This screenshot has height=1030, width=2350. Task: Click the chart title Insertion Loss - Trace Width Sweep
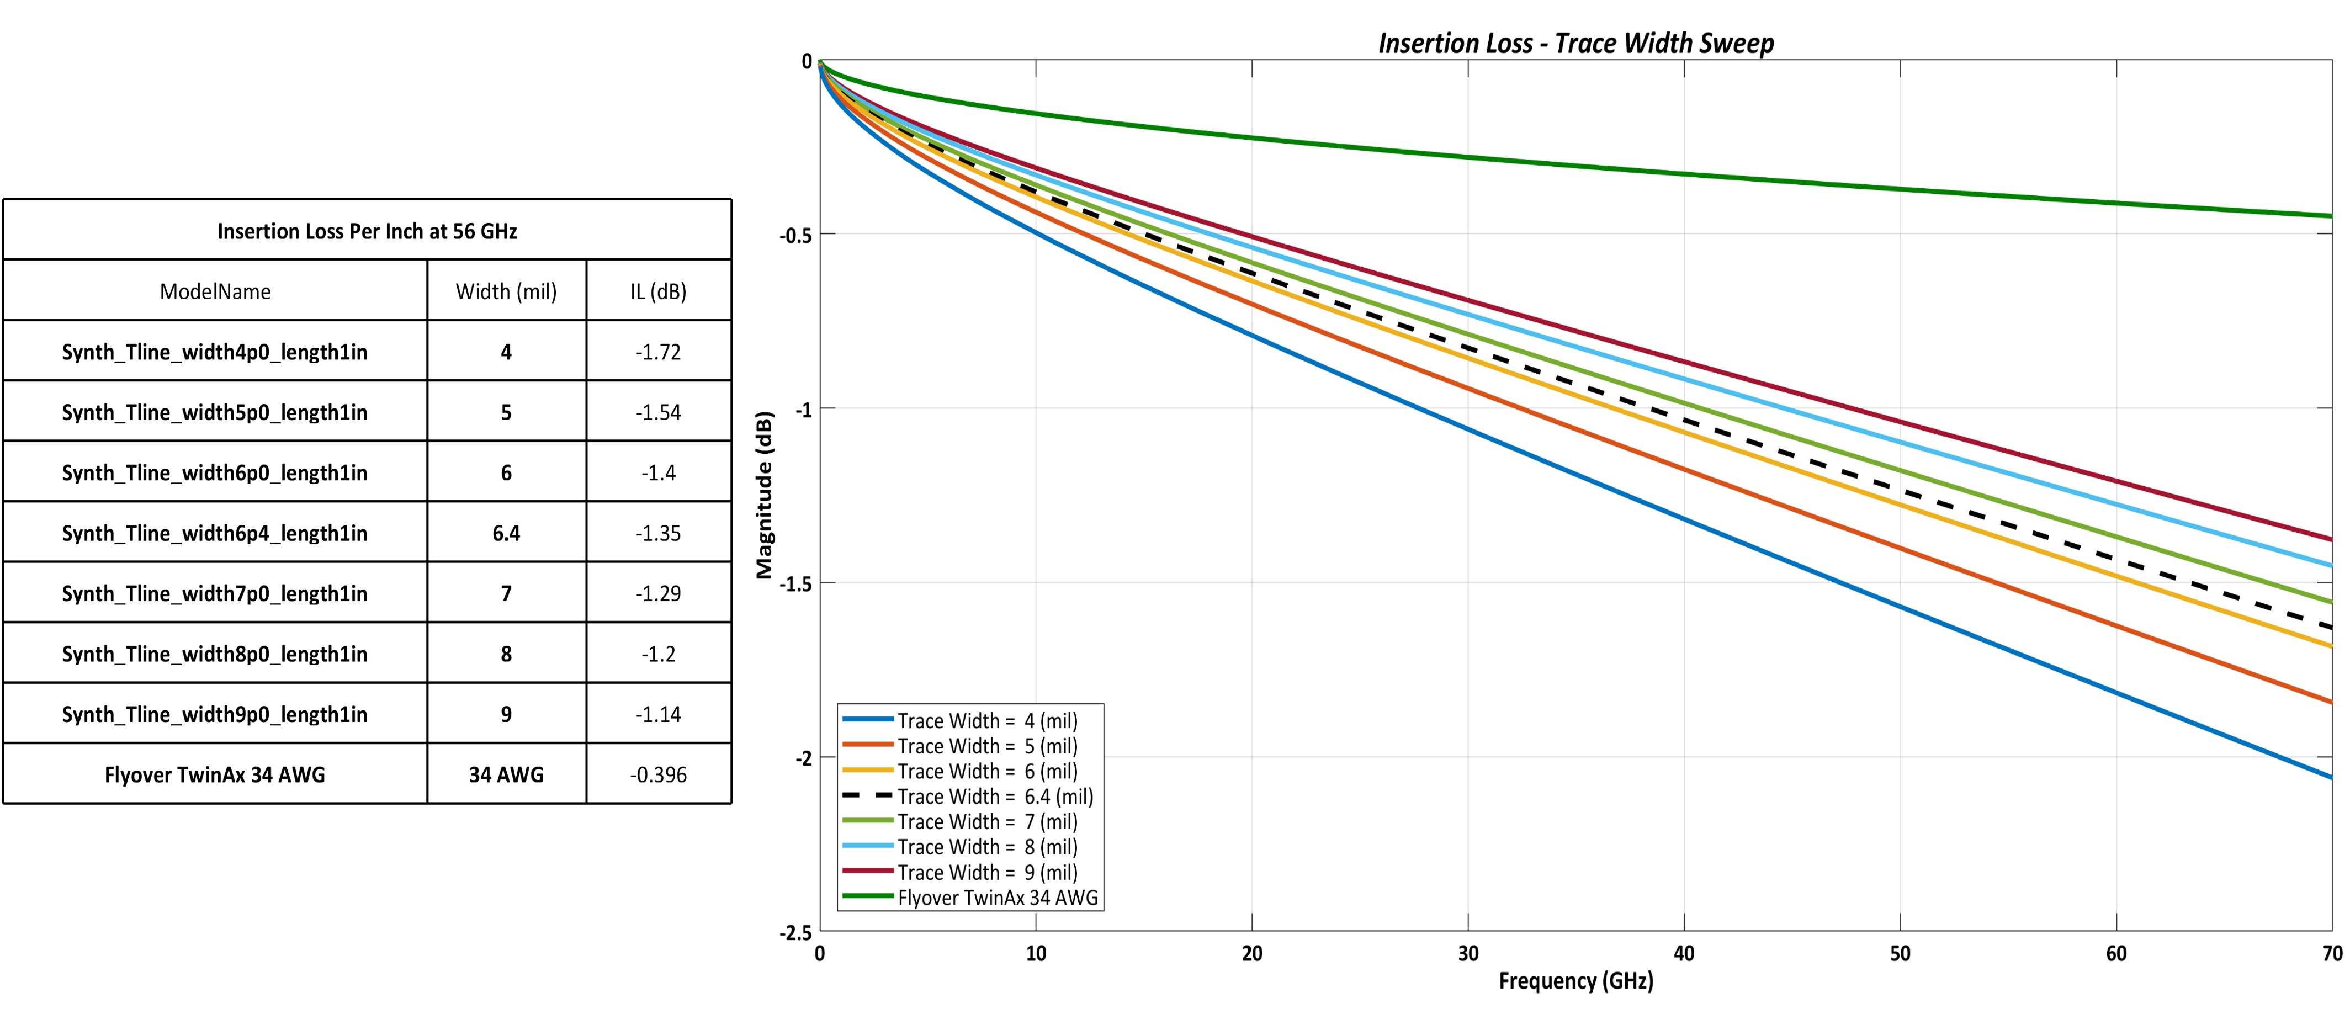coord(1575,43)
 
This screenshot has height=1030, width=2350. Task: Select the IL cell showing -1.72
coord(657,352)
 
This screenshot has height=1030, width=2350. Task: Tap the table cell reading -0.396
coord(657,774)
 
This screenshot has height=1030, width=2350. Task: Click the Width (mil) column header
coord(506,292)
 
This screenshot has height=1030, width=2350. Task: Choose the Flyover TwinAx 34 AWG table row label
coord(214,774)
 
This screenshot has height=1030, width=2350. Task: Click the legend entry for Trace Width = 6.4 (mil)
coord(994,797)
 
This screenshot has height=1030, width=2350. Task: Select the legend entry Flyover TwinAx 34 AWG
coord(997,898)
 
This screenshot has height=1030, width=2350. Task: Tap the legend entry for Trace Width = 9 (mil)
coord(987,872)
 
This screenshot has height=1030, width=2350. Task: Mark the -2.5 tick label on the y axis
coord(795,932)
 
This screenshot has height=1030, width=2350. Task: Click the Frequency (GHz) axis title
coord(1575,981)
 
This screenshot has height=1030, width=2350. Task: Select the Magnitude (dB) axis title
coord(765,495)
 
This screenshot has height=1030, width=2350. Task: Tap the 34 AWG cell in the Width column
coord(506,774)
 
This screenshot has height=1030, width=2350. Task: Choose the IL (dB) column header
coord(657,292)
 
